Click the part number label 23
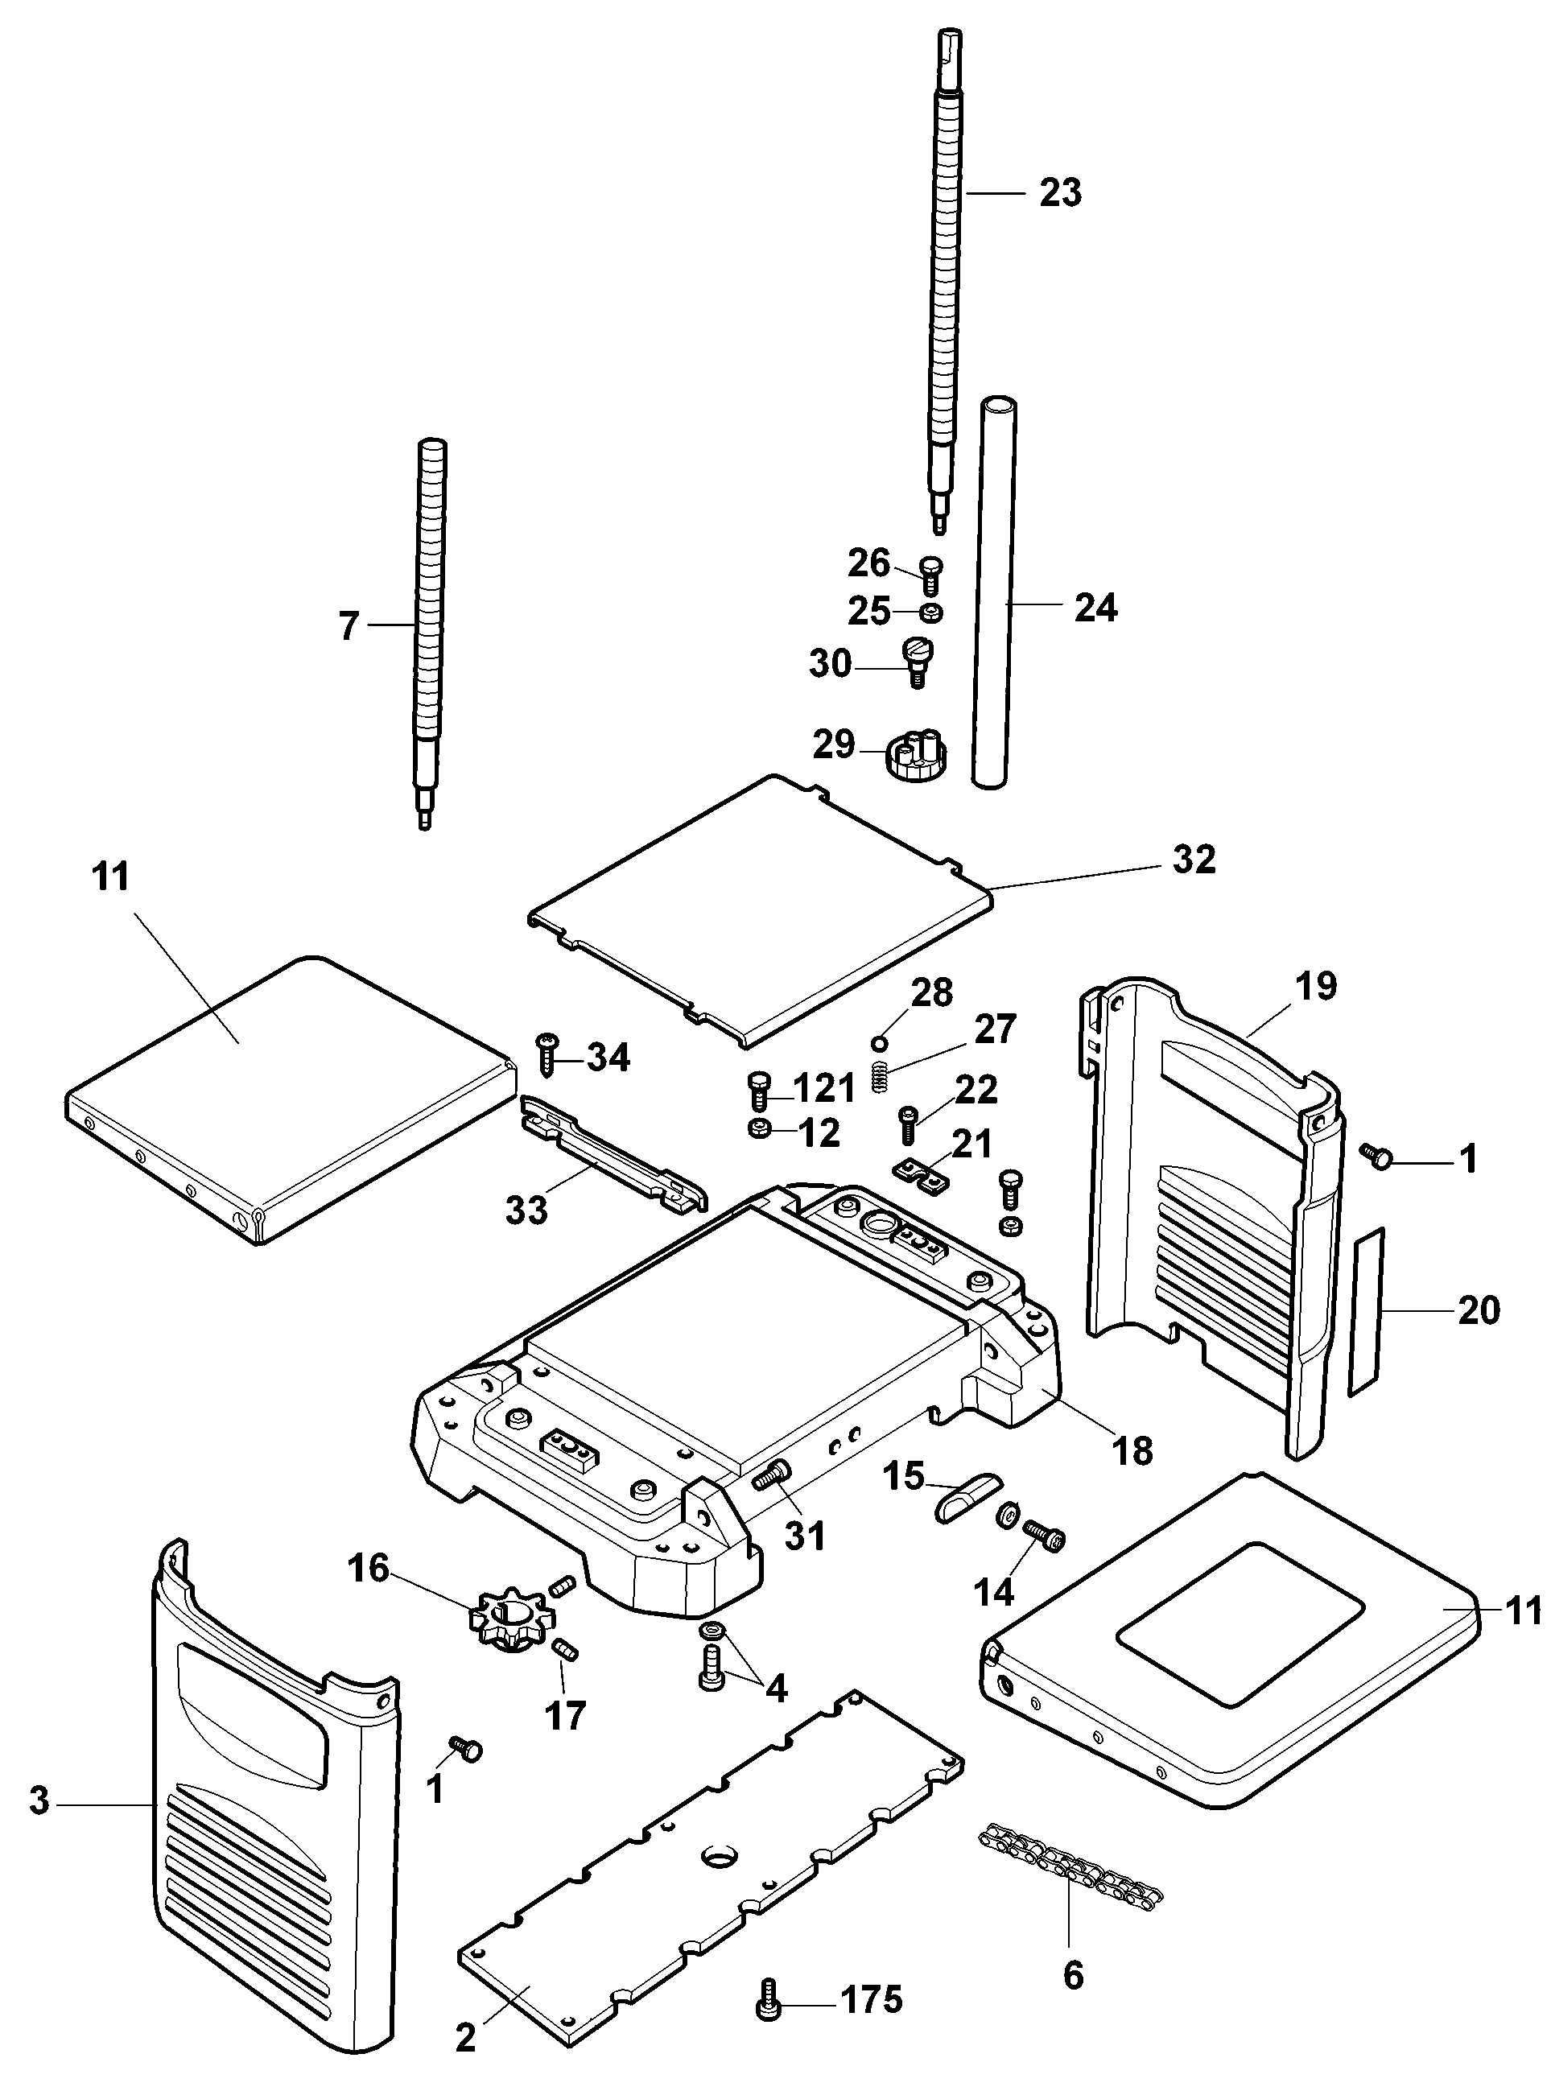[x=1060, y=192]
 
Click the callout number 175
[x=870, y=2000]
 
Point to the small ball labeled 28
[x=880, y=1042]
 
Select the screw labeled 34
[x=547, y=1055]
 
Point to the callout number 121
[x=823, y=1088]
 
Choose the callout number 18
[x=1132, y=1450]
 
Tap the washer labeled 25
[x=930, y=613]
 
